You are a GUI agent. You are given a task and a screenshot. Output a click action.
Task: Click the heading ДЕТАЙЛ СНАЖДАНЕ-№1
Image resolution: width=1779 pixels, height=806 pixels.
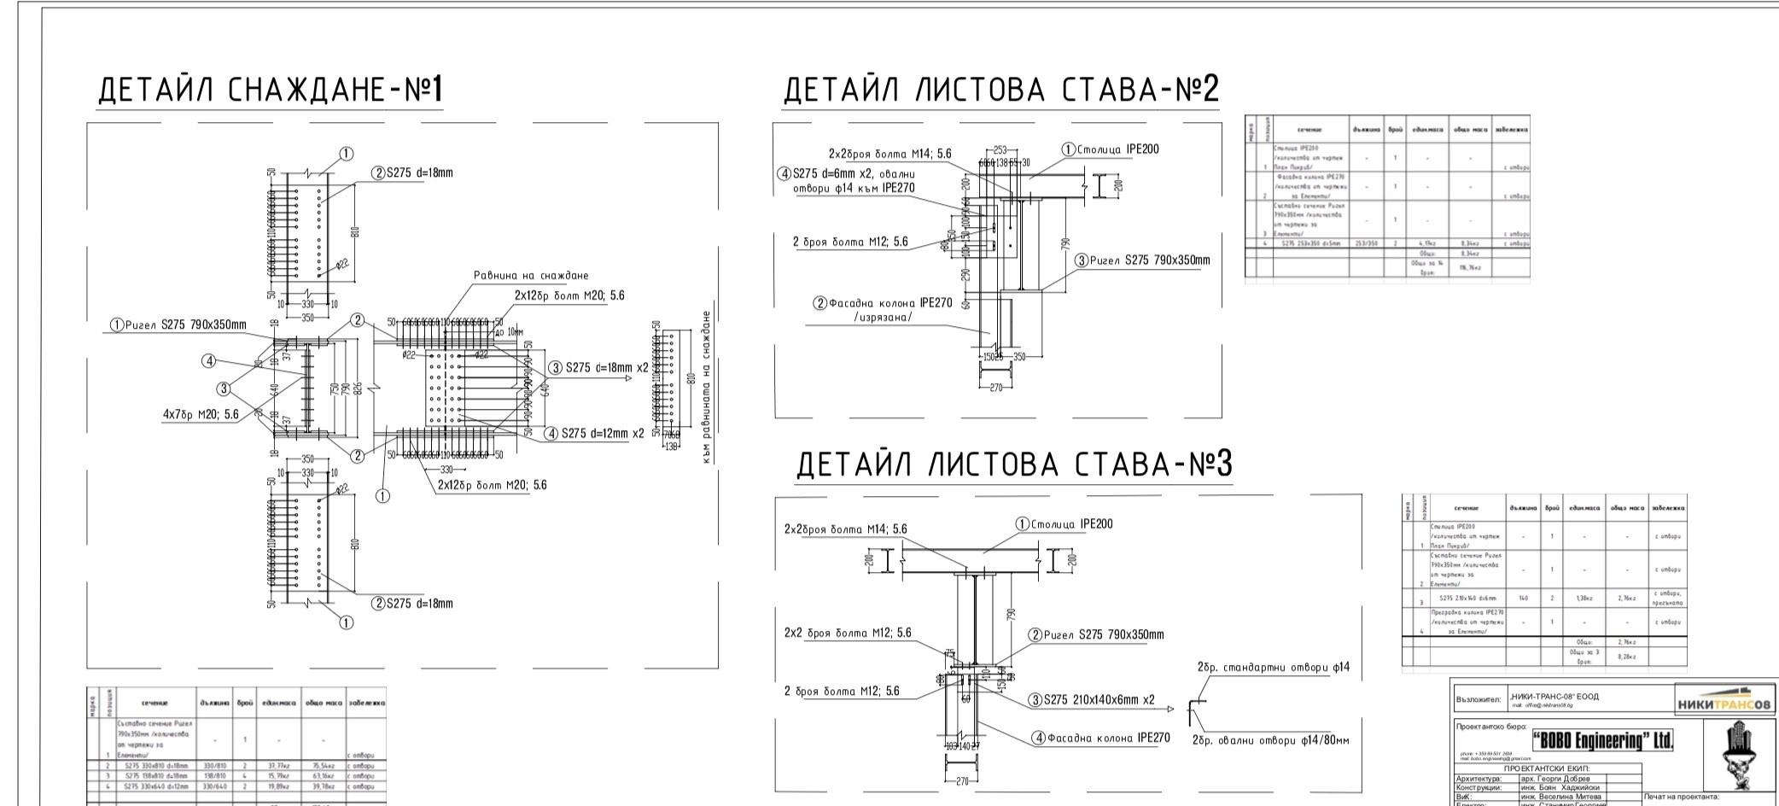click(x=270, y=91)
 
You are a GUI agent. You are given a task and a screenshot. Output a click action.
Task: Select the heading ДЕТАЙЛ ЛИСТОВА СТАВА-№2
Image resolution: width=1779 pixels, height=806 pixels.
click(x=1000, y=91)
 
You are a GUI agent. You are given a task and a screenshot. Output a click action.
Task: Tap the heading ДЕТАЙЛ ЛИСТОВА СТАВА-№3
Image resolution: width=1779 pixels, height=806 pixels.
click(x=1014, y=465)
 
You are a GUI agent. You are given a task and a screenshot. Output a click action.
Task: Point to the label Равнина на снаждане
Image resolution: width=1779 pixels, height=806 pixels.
click(x=531, y=276)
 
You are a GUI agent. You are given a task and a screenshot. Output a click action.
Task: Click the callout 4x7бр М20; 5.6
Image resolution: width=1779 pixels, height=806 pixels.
click(x=201, y=414)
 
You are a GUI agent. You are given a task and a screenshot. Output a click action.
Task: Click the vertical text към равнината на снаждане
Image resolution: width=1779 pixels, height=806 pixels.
click(x=707, y=387)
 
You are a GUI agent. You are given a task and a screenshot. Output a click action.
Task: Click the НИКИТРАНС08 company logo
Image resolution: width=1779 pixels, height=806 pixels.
click(x=1724, y=704)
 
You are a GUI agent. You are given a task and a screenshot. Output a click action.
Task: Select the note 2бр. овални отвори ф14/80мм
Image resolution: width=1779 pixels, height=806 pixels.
click(x=1270, y=739)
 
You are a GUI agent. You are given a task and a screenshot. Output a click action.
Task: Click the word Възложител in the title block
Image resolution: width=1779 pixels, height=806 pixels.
click(x=1479, y=698)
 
